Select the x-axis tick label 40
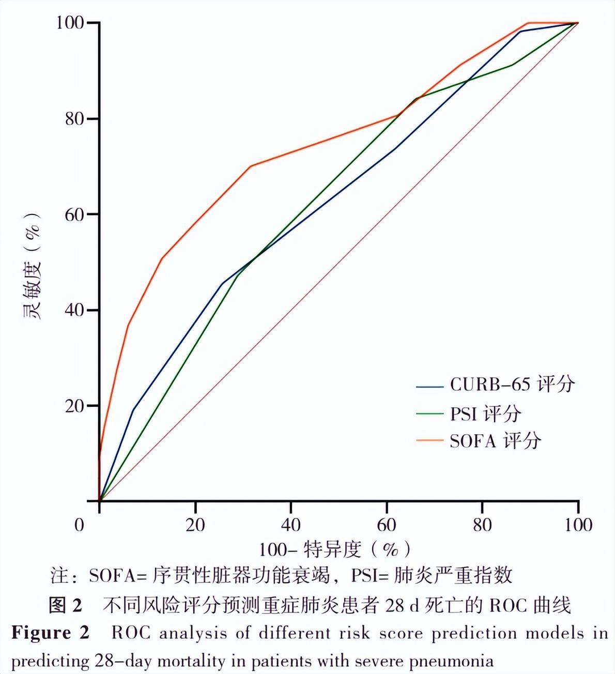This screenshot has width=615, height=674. tap(291, 525)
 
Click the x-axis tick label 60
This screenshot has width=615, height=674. tap(387, 525)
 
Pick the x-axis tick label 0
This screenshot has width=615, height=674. tap(79, 525)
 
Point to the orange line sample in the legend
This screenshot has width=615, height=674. tap(429, 441)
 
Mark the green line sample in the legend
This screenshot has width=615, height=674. tap(429, 414)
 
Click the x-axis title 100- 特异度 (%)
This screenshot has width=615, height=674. tap(335, 549)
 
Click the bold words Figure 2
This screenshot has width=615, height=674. tap(50, 633)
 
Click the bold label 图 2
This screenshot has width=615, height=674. tap(65, 605)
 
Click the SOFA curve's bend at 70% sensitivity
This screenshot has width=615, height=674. tap(251, 166)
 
